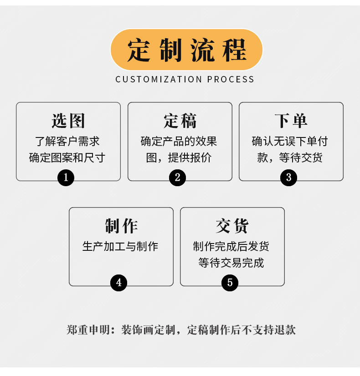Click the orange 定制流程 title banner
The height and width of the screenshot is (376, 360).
pyautogui.click(x=186, y=49)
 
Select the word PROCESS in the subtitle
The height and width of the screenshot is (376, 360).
pyautogui.click(x=231, y=79)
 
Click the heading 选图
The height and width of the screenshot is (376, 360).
pyautogui.click(x=68, y=121)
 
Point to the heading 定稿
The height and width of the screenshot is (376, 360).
pyautogui.click(x=180, y=121)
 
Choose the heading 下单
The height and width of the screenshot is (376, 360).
pyautogui.click(x=291, y=121)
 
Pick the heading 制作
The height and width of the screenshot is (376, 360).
pyautogui.click(x=121, y=226)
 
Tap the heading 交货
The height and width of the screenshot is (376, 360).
pyautogui.click(x=232, y=226)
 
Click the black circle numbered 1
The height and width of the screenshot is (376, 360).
pyautogui.click(x=66, y=178)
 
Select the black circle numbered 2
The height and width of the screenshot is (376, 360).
pyautogui.click(x=177, y=178)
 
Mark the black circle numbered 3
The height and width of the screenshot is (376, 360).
pyautogui.click(x=288, y=178)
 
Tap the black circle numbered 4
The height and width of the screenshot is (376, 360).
pyautogui.click(x=118, y=283)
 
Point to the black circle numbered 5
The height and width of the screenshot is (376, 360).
pyautogui.click(x=230, y=283)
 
